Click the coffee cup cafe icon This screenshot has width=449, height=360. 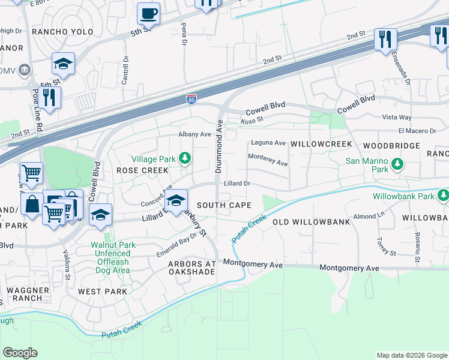click(148, 13)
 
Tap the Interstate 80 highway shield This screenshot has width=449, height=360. click(191, 98)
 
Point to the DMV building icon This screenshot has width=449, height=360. click(24, 71)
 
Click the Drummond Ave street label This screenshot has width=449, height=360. click(220, 145)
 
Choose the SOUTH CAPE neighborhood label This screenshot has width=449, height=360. click(223, 205)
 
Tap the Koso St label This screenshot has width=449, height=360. click(252, 120)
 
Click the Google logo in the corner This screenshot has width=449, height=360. click(20, 352)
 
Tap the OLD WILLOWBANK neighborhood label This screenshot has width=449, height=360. click(311, 222)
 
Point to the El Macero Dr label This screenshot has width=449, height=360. click(416, 131)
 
